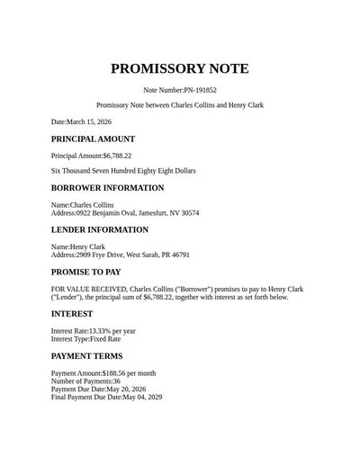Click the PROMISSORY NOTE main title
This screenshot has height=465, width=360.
(x=180, y=69)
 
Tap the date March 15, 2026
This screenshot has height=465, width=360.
(x=96, y=121)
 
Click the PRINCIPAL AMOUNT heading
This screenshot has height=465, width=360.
(x=93, y=139)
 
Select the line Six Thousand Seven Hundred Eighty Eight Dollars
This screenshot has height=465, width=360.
(x=123, y=170)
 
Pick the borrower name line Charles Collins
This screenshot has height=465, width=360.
(x=83, y=205)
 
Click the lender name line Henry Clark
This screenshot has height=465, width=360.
(x=78, y=246)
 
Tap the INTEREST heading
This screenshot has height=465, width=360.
(x=72, y=314)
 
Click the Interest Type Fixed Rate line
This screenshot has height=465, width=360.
(x=85, y=339)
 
